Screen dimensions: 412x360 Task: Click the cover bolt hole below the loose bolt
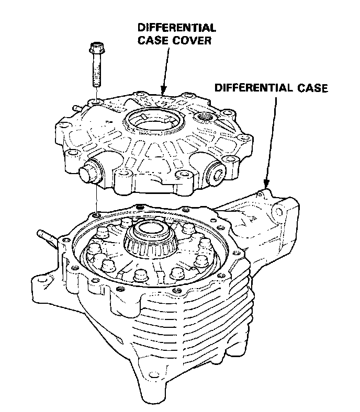click(95, 101)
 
